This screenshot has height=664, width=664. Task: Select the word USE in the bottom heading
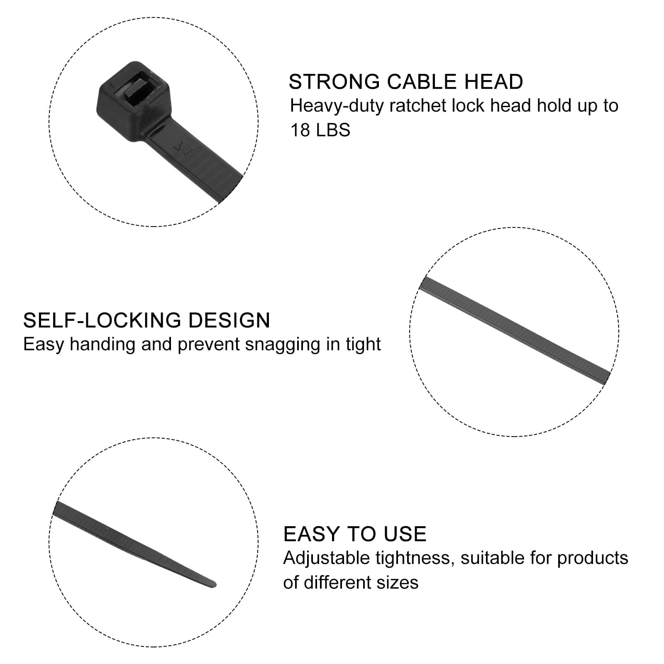pos(405,534)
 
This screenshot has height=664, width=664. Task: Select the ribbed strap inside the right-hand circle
pos(515,327)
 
